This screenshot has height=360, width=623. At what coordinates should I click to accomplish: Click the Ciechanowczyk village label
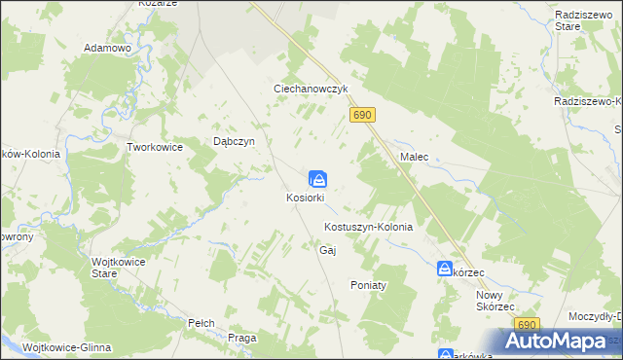(x=310, y=89)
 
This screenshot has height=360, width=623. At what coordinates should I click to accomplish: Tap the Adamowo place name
(x=108, y=48)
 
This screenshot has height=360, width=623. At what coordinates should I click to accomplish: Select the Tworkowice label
(x=156, y=147)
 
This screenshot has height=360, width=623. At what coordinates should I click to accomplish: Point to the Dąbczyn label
(x=234, y=141)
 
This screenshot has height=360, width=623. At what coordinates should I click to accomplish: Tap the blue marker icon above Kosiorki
(x=318, y=179)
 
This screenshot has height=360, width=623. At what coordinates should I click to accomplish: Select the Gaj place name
(x=327, y=250)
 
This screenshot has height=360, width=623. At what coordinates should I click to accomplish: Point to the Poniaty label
(x=369, y=285)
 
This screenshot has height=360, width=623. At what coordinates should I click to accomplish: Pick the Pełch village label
(x=202, y=322)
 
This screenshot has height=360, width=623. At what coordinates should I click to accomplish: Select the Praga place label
(x=241, y=338)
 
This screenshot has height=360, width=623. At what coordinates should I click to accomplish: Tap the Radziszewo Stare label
(x=581, y=21)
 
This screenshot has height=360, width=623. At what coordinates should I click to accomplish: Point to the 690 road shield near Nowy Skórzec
(x=528, y=325)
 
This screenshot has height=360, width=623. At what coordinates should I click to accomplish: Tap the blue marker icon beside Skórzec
(x=445, y=269)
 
